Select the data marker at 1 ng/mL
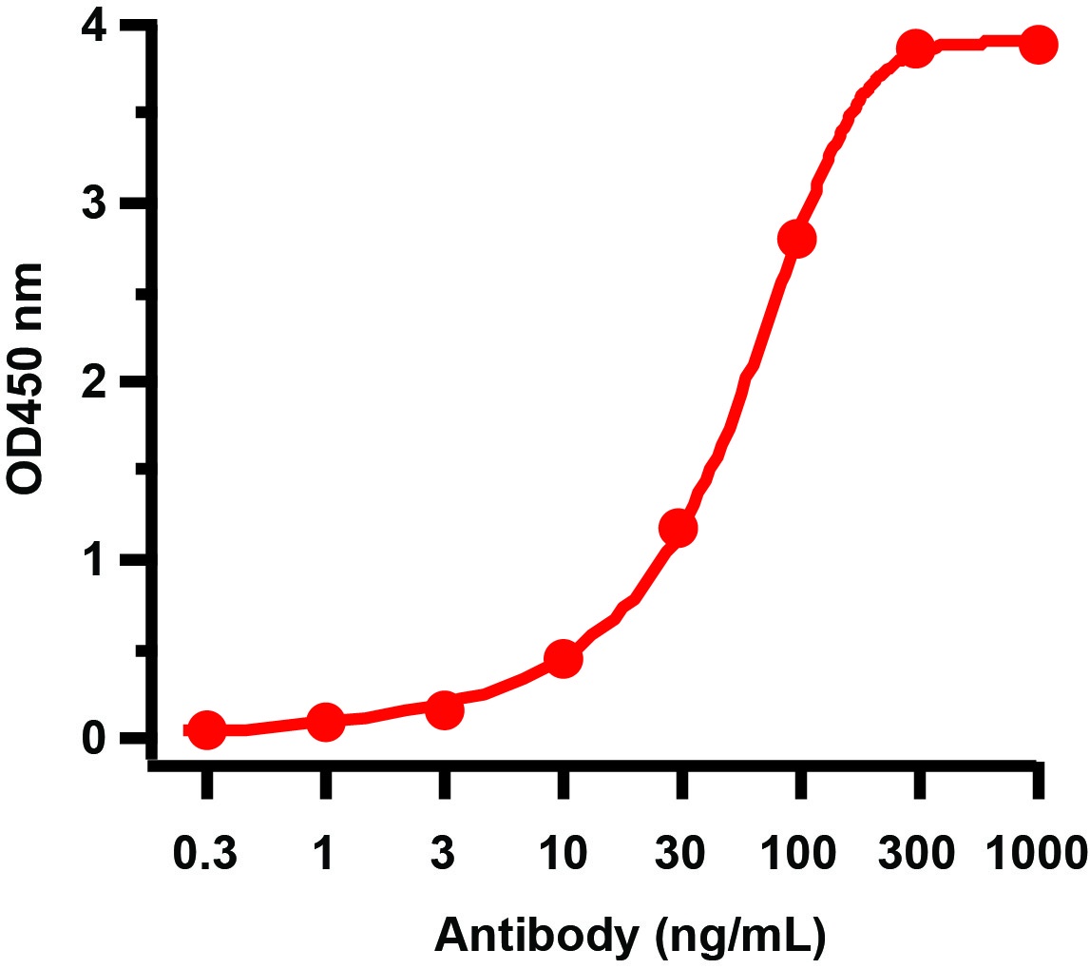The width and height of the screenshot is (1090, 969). coord(325,722)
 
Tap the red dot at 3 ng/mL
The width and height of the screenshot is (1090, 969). coord(444,709)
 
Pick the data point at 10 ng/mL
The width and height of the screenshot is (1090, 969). coord(563,658)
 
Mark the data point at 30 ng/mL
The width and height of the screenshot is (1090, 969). coord(679,528)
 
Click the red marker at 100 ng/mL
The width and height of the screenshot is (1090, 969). coord(796,239)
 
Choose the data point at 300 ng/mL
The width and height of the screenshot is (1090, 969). coord(915,48)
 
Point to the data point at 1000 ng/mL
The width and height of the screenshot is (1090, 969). coord(1038,45)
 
